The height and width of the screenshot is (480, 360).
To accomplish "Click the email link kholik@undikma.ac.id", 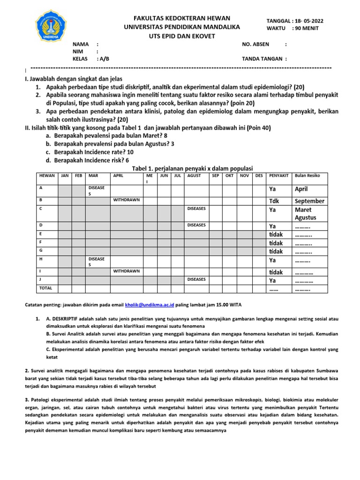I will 151,305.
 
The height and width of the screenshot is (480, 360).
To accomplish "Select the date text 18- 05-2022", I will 308,21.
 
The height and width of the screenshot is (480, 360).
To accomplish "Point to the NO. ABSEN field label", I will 256,44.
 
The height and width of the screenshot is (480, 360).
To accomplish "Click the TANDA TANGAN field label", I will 262,59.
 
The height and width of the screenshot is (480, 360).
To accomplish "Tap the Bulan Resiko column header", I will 307,176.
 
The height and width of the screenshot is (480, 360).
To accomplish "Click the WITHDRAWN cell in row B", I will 127,200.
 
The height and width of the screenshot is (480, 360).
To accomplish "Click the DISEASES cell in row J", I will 196,279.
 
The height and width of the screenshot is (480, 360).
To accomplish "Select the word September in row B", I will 309,201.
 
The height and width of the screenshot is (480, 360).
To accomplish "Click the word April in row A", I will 301,190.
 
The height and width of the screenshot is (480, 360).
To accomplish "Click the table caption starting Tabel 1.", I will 192,168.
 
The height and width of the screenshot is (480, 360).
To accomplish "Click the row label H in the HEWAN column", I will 41,259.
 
